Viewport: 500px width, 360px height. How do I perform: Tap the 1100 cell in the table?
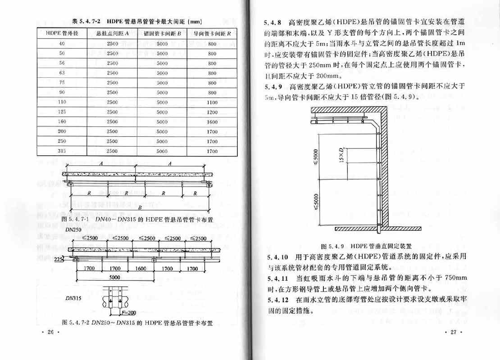[212, 102]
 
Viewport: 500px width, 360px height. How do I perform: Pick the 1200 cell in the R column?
[212, 112]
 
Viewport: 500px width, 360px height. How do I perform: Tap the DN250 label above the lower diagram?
[73, 229]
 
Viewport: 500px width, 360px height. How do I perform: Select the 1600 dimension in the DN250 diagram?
[141, 269]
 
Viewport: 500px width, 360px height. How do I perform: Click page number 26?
[50, 332]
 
